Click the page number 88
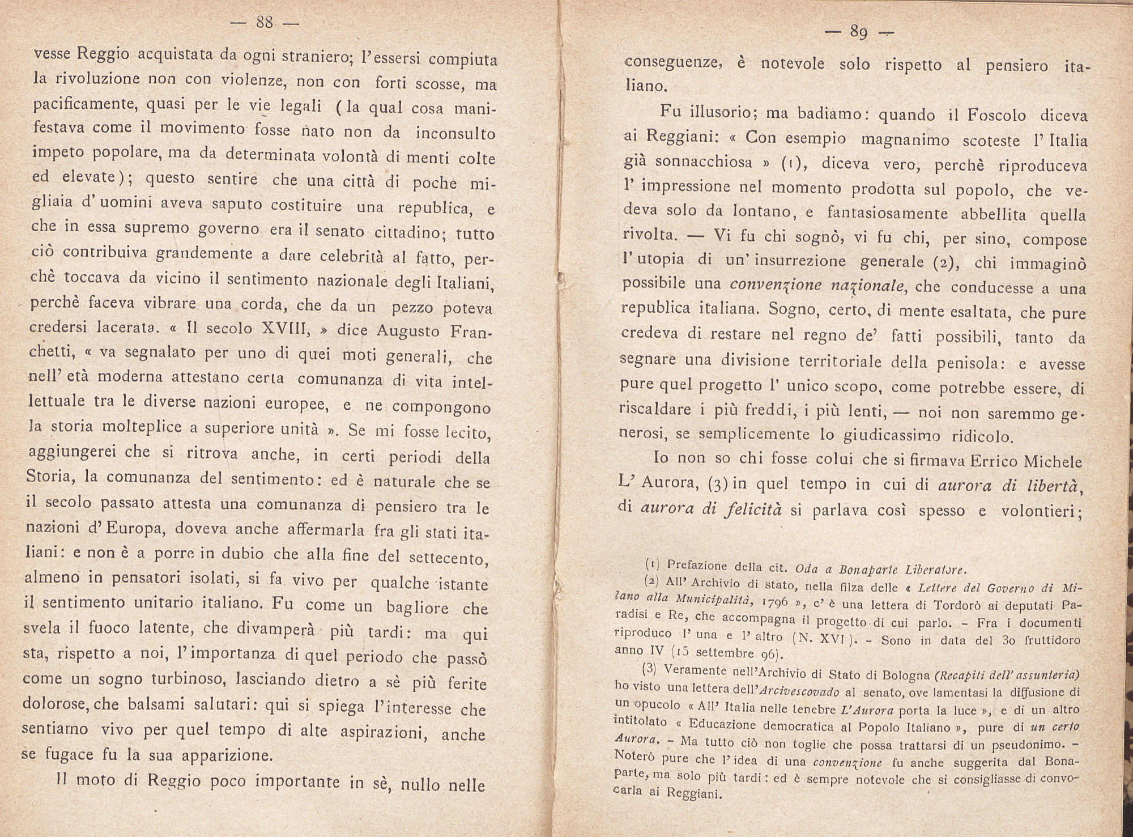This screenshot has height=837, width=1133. (x=265, y=23)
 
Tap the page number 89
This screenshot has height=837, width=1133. (x=859, y=32)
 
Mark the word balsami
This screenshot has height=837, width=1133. (x=152, y=704)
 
